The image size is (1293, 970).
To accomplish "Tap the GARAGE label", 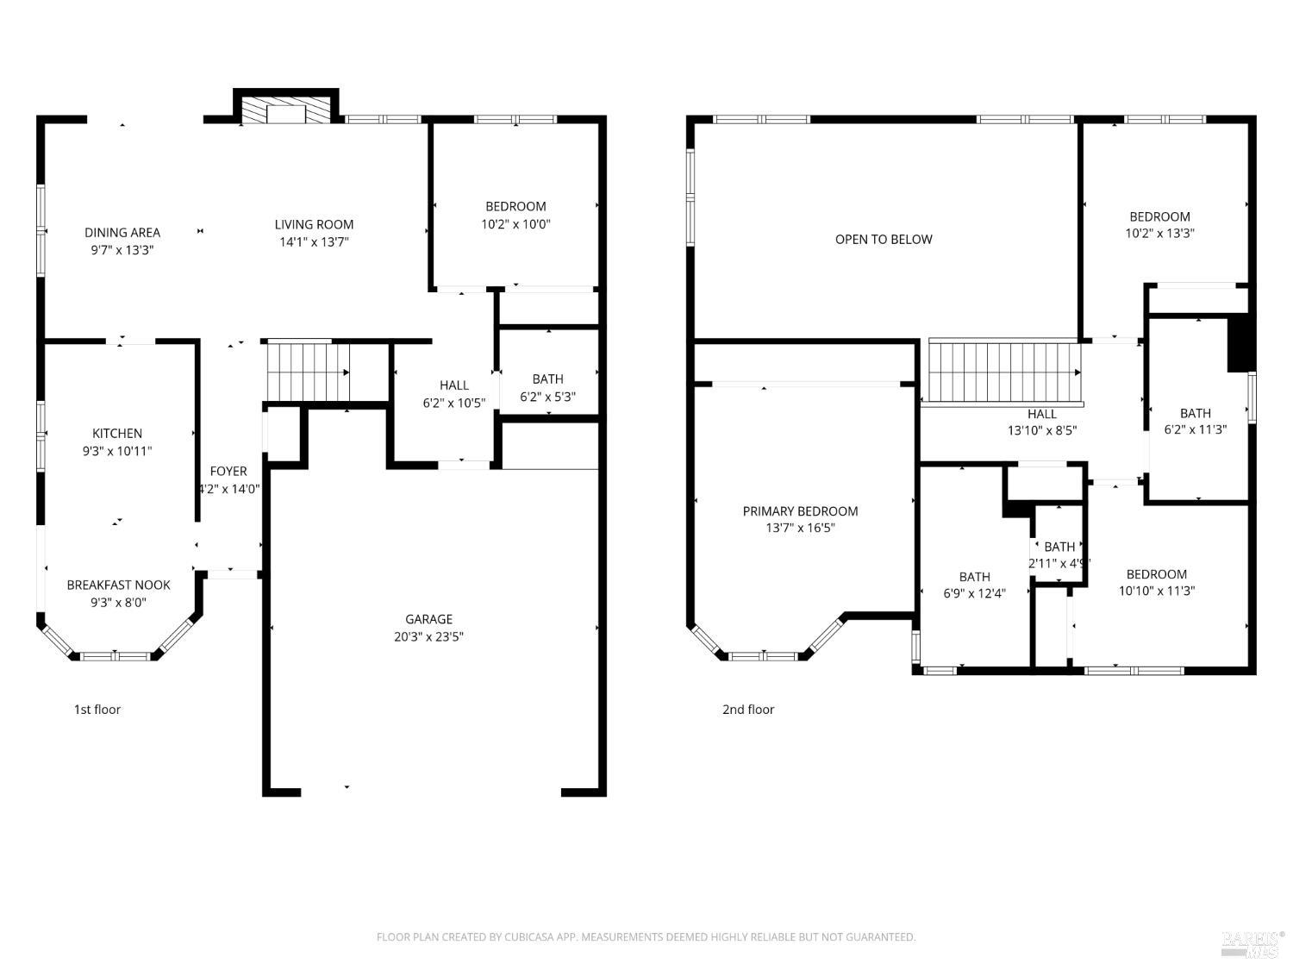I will coord(428,619).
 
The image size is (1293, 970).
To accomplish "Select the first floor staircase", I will coord(307,372).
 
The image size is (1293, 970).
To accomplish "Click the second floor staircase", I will coord(1004,372).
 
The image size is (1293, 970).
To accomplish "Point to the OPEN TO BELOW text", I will coord(883,240).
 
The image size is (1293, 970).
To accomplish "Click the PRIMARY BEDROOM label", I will coord(800,511).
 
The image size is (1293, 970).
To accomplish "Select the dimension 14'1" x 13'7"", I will coord(314,242).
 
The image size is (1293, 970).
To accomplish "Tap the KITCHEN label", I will coord(117,434).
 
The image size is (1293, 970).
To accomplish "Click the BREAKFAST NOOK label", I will coord(119,585).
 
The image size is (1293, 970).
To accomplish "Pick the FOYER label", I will coord(228,472).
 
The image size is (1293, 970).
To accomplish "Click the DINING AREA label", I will coord(122,233).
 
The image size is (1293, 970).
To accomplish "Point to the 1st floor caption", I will coord(97,710).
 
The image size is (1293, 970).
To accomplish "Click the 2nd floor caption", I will coord(748,710).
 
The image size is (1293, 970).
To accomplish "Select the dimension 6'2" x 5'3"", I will coord(547,397).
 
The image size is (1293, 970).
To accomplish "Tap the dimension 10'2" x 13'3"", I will coord(1159,233).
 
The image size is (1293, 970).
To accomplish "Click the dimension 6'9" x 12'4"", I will coord(974,593).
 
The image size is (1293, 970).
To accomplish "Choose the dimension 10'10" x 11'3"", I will coord(1156,591).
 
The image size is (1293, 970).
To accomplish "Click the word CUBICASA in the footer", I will coord(540,937).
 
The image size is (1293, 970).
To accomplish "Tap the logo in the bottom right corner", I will coord(1252,944).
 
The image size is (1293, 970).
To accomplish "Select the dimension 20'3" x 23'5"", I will coord(428,637).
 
